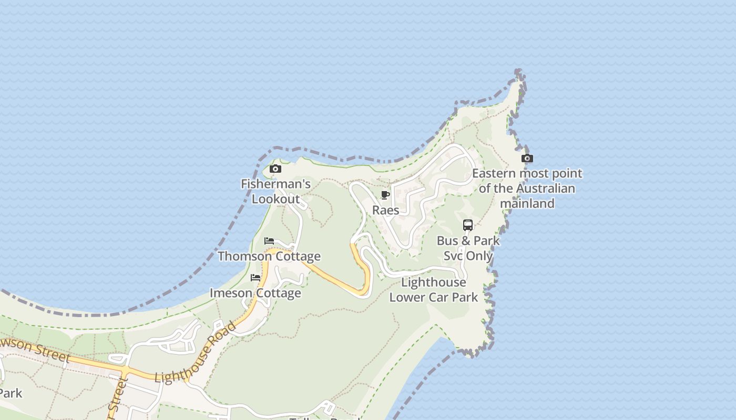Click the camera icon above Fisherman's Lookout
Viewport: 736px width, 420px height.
coord(275,169)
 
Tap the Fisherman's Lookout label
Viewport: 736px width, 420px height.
coord(275,192)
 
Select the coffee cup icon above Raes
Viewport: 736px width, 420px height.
coord(385,195)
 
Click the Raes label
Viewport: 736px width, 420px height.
coord(385,210)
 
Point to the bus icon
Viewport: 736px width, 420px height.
coord(468,225)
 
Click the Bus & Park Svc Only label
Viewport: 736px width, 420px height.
coord(468,248)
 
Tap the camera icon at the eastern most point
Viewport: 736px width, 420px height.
coord(527,158)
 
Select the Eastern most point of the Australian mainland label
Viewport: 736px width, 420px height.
coord(527,188)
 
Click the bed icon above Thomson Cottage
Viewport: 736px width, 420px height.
coord(269,241)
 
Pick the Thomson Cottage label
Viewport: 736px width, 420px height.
coord(269,256)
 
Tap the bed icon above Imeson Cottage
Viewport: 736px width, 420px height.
coord(255,277)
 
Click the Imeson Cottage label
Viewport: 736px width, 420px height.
coord(255,293)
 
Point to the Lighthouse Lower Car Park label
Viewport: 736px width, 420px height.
coord(433,290)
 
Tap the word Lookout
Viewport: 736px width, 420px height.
coord(275,199)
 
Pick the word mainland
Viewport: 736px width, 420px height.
coord(527,203)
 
